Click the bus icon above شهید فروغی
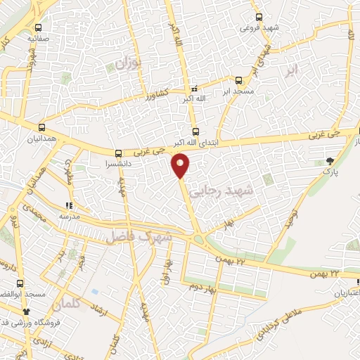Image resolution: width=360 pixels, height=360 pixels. point(259,17)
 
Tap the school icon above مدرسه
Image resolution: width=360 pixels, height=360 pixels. point(69,206)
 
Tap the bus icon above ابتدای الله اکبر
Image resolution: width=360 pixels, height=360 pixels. point(195,130)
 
